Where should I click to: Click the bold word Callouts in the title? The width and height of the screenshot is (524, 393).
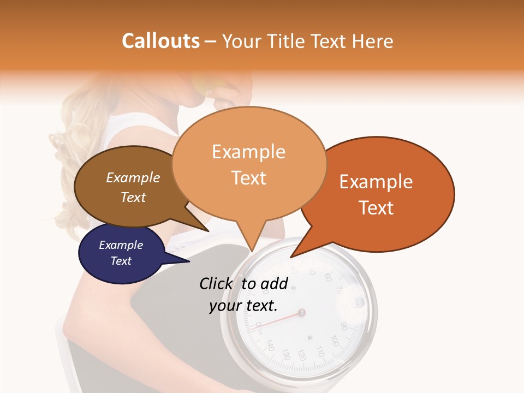(x=160, y=41)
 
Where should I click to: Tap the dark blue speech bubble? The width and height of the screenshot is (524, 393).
(x=120, y=254)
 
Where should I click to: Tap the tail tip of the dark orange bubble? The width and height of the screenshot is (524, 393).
(x=291, y=257)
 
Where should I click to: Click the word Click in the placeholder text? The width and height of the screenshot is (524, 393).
(x=217, y=284)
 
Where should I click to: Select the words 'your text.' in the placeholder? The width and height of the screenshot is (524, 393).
(x=243, y=306)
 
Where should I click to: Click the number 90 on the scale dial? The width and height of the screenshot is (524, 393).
(x=344, y=326)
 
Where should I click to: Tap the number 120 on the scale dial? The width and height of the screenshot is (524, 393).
(x=301, y=356)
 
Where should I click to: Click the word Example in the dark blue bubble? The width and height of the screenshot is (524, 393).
(x=121, y=246)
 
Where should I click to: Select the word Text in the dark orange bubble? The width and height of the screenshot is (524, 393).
(x=377, y=208)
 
